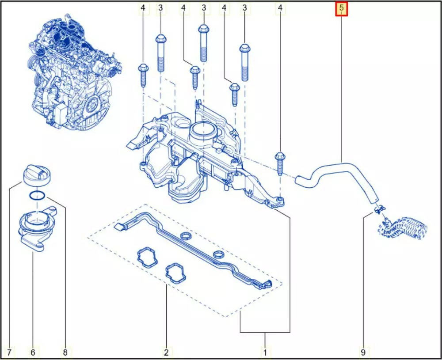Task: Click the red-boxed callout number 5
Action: (x=341, y=8)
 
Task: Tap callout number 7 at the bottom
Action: (x=9, y=352)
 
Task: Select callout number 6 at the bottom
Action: (x=33, y=352)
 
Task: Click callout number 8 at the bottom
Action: (x=65, y=352)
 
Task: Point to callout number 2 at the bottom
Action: (x=166, y=352)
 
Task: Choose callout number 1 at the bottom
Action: (x=265, y=352)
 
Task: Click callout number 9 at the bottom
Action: (x=363, y=352)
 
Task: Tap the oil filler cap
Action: (x=36, y=175)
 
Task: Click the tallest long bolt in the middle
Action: (x=203, y=43)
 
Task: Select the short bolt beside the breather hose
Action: (x=280, y=163)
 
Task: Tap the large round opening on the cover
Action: (x=203, y=133)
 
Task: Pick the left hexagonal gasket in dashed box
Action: (x=147, y=257)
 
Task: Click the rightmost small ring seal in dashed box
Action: (x=219, y=254)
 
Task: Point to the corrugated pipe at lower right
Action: (x=403, y=228)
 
